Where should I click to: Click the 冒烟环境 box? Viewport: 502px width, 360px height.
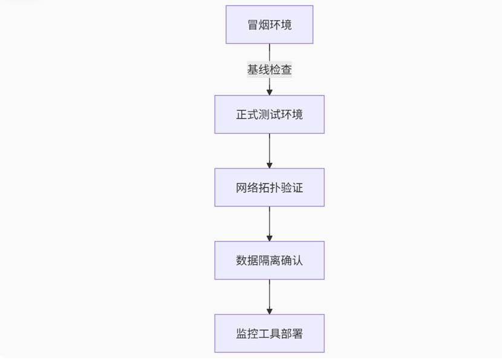click(270, 25)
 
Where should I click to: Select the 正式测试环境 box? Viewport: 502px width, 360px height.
click(270, 114)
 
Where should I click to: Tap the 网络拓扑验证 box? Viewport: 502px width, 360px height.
click(270, 188)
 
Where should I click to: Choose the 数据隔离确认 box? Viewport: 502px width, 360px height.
click(270, 261)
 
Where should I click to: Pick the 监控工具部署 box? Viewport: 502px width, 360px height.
click(270, 333)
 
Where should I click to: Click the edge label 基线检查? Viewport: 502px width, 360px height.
click(270, 70)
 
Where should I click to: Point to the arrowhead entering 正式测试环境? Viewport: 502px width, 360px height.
click(270, 92)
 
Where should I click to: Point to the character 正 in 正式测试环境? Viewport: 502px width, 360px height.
click(242, 115)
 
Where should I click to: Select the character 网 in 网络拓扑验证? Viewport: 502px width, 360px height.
click(242, 188)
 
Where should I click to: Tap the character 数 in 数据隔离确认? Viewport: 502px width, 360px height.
click(242, 261)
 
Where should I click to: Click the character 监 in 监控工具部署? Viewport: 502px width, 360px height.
click(242, 334)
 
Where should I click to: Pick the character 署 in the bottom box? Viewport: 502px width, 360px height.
click(297, 334)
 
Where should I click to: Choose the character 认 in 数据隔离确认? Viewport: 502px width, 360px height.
click(297, 261)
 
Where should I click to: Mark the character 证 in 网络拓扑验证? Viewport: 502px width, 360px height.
click(297, 188)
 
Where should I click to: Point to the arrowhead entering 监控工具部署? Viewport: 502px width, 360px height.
click(270, 311)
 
